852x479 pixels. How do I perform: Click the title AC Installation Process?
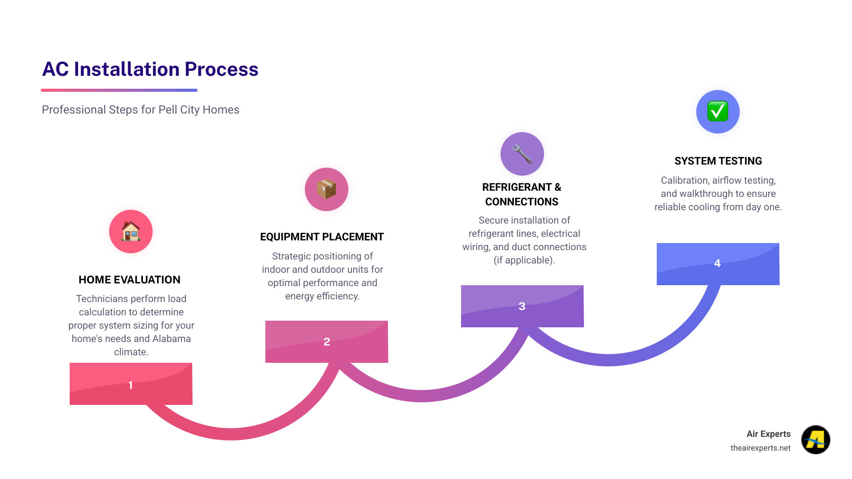(150, 70)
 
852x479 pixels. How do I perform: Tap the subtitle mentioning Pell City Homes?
(140, 110)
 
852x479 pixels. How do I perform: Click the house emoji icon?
(131, 232)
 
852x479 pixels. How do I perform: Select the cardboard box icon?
(327, 189)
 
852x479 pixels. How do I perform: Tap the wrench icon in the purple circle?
(522, 154)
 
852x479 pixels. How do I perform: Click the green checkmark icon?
(718, 111)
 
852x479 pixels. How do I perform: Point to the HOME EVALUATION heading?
(130, 280)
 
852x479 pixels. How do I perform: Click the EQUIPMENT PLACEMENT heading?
(322, 237)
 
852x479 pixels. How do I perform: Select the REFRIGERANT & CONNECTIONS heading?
(522, 194)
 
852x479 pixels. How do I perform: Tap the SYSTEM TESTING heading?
(718, 161)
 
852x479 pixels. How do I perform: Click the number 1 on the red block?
(130, 385)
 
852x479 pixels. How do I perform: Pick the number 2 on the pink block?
(327, 342)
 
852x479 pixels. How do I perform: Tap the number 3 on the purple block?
(522, 306)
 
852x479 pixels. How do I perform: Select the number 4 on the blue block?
(717, 263)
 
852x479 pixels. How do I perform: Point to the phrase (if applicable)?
(524, 260)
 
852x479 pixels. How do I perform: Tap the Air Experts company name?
(768, 434)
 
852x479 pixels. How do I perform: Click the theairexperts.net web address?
(760, 448)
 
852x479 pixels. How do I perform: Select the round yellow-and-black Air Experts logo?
(816, 440)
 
